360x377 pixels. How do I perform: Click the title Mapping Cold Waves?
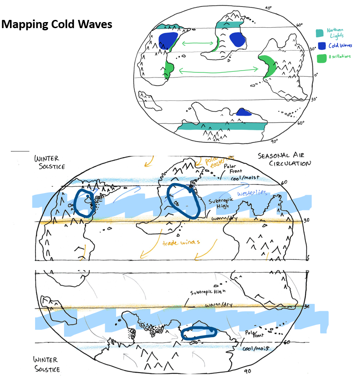coord(56,24)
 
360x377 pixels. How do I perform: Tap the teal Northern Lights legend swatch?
coord(319,33)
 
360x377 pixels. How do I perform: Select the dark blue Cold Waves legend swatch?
coord(321,45)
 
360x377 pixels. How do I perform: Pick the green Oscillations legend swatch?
coord(321,58)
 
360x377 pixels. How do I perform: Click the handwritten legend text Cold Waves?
coord(339,45)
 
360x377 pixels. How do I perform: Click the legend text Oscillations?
coord(339,57)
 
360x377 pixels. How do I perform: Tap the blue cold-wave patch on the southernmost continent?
coord(243,113)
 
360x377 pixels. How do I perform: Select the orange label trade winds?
coord(181,243)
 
